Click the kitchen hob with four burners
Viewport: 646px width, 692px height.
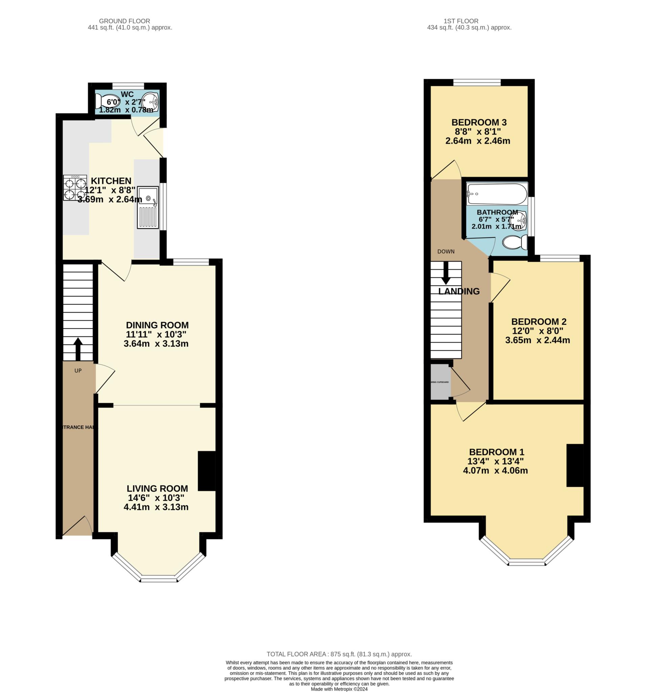(74, 188)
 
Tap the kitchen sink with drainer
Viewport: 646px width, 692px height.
(148, 207)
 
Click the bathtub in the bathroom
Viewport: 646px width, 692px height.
(497, 194)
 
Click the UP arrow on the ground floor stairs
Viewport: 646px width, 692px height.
(78, 349)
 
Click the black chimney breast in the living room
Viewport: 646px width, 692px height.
(207, 471)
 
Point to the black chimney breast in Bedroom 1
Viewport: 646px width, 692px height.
(575, 465)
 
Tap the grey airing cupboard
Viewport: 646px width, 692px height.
(440, 382)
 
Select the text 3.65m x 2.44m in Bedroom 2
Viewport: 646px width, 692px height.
(537, 340)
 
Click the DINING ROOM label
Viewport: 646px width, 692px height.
(157, 325)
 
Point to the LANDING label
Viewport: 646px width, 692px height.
(459, 291)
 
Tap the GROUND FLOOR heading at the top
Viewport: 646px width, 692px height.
(124, 21)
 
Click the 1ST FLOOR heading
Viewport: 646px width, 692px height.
(461, 21)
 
